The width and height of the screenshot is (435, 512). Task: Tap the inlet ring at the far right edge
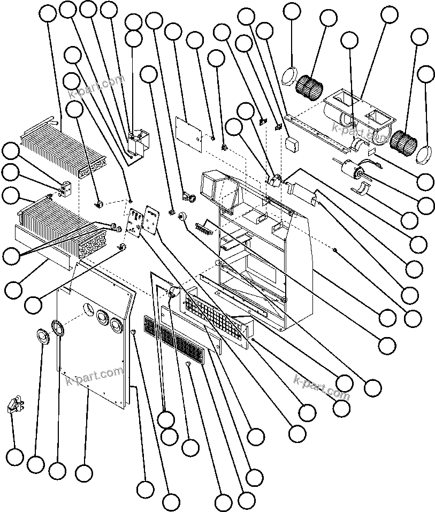[423, 153]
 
